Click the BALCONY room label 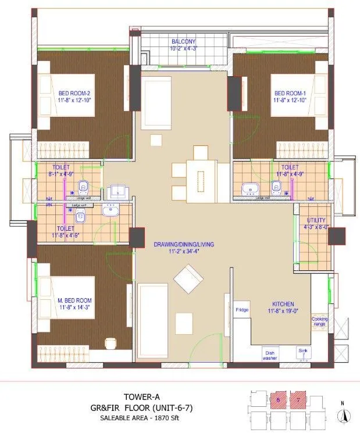[x=183, y=42]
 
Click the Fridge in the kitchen [x=242, y=310]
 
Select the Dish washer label [x=270, y=355]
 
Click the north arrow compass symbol [x=344, y=415]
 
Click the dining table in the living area [x=201, y=176]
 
